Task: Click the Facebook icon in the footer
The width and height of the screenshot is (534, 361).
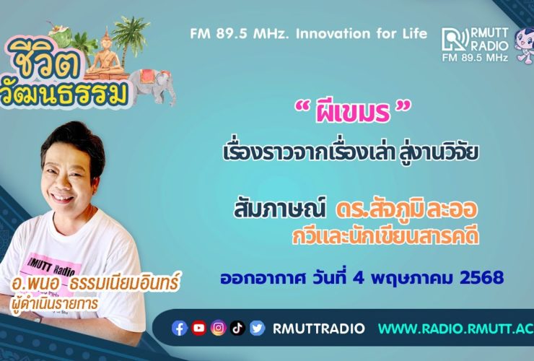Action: [x=180, y=329]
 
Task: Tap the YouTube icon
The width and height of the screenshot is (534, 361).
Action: [x=199, y=328]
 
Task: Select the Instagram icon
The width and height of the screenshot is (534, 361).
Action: [x=219, y=328]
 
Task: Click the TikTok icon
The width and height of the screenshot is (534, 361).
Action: [x=237, y=328]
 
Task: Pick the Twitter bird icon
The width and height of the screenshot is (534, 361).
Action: [x=257, y=329]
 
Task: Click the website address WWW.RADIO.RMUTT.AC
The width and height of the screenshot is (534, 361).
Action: [x=456, y=329]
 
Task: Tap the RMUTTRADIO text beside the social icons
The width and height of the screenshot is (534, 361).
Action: [x=319, y=329]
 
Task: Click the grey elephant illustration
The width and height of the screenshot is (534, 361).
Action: [x=152, y=86]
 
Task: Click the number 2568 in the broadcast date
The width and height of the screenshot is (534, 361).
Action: [x=481, y=278]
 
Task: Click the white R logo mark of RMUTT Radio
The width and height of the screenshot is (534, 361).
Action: [x=455, y=40]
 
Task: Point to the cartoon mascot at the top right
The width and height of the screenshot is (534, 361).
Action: [x=525, y=45]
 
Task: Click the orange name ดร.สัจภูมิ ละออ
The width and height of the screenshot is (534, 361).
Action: [x=406, y=209]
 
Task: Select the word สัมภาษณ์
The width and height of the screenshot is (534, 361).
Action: [x=279, y=208]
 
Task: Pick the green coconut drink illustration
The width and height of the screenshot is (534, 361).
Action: [x=61, y=35]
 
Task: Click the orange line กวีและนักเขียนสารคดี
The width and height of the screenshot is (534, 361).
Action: [x=385, y=236]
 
